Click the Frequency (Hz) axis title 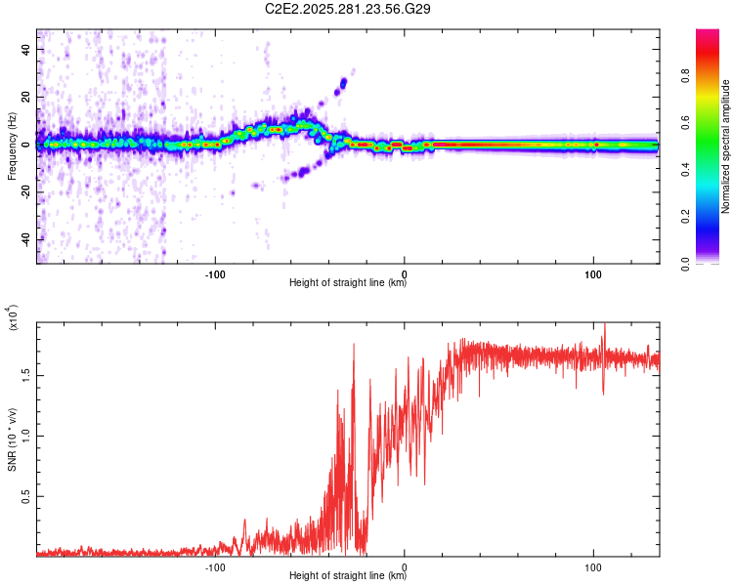[12, 145]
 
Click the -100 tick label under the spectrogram [216, 272]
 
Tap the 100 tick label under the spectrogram [593, 272]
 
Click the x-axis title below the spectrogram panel [348, 283]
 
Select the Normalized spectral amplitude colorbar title [726, 146]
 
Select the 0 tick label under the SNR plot [405, 565]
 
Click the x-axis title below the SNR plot [348, 576]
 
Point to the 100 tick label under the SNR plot [593, 565]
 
